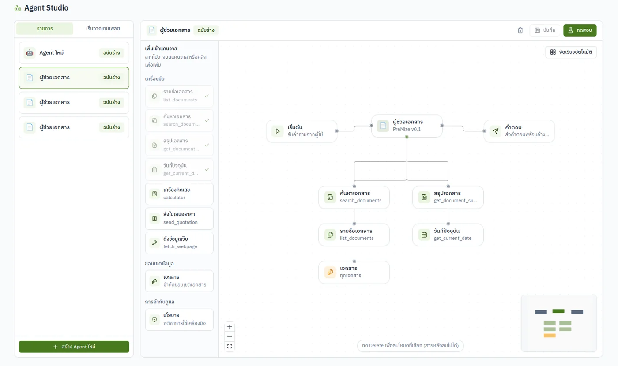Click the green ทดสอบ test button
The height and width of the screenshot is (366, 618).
point(580,30)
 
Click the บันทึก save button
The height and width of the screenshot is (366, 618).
point(545,30)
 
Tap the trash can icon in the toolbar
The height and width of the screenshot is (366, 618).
point(520,30)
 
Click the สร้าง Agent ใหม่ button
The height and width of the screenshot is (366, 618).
point(74,347)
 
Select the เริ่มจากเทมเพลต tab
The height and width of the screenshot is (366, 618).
point(103,28)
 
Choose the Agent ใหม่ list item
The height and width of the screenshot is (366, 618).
point(74,52)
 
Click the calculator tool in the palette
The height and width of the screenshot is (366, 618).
point(179,194)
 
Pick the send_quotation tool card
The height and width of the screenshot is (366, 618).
point(179,218)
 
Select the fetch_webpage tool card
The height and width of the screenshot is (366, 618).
point(179,243)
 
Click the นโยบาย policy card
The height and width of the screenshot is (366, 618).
point(179,319)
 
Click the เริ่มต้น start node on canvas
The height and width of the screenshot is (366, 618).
point(301,131)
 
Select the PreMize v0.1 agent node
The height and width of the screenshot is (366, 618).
point(407,126)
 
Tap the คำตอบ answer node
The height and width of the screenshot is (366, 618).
point(519,131)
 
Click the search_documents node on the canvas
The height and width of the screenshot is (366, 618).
point(354,197)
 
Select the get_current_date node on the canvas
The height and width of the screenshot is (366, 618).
point(448,235)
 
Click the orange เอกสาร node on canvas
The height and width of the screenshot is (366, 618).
point(354,273)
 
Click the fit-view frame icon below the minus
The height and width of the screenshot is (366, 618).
point(230,346)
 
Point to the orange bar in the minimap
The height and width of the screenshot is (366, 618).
point(550,336)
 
